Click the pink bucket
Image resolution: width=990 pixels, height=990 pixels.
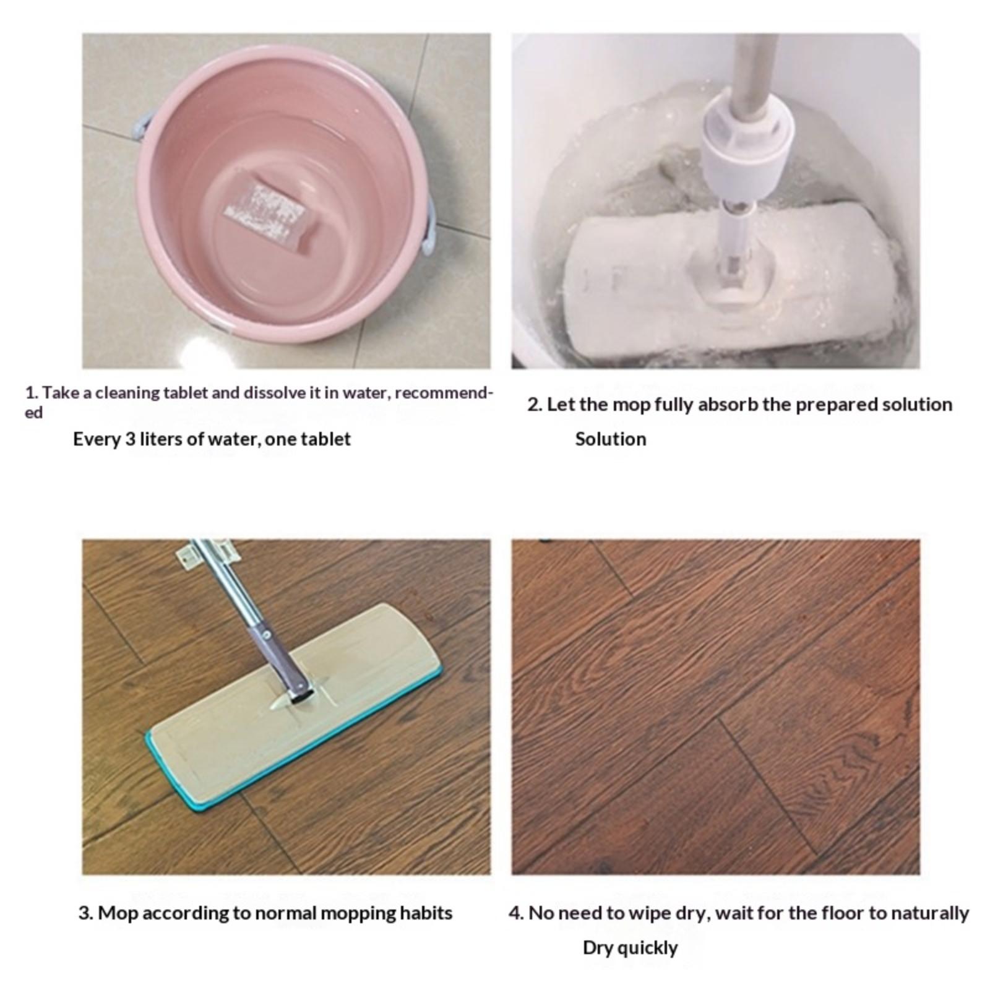pos(285,192)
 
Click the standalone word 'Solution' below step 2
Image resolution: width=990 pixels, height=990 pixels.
pos(611,439)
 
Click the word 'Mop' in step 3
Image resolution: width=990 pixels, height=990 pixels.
pos(118,913)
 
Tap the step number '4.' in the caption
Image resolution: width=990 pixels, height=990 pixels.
pos(516,913)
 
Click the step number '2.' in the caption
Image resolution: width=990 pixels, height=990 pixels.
pos(535,405)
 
